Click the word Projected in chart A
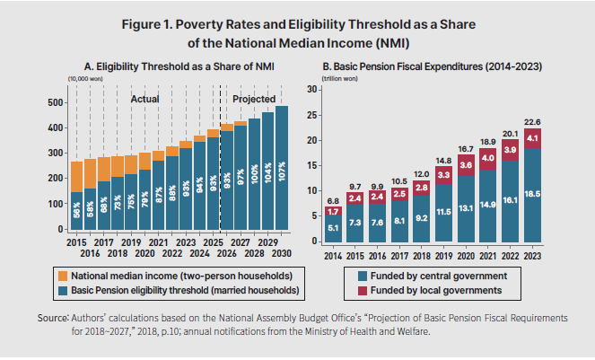254,100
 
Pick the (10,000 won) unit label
85,80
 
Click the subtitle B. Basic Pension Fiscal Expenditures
430,66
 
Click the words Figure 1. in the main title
151,23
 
